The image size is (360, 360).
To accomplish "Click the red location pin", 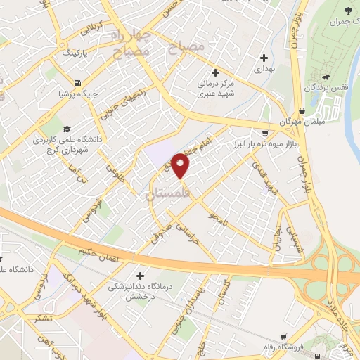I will [181, 166].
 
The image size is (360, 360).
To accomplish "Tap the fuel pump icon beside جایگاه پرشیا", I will [77, 82].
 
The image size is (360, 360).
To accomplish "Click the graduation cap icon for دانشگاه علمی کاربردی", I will [66, 129].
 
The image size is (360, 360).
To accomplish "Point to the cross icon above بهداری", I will [264, 58].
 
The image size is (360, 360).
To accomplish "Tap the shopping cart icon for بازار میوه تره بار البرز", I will [264, 133].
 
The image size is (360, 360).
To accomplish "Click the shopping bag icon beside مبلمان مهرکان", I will [301, 110].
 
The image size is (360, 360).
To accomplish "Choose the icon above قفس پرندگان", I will [326, 77].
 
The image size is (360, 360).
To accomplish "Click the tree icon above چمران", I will [347, 9].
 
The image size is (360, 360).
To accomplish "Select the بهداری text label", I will [263, 69].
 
